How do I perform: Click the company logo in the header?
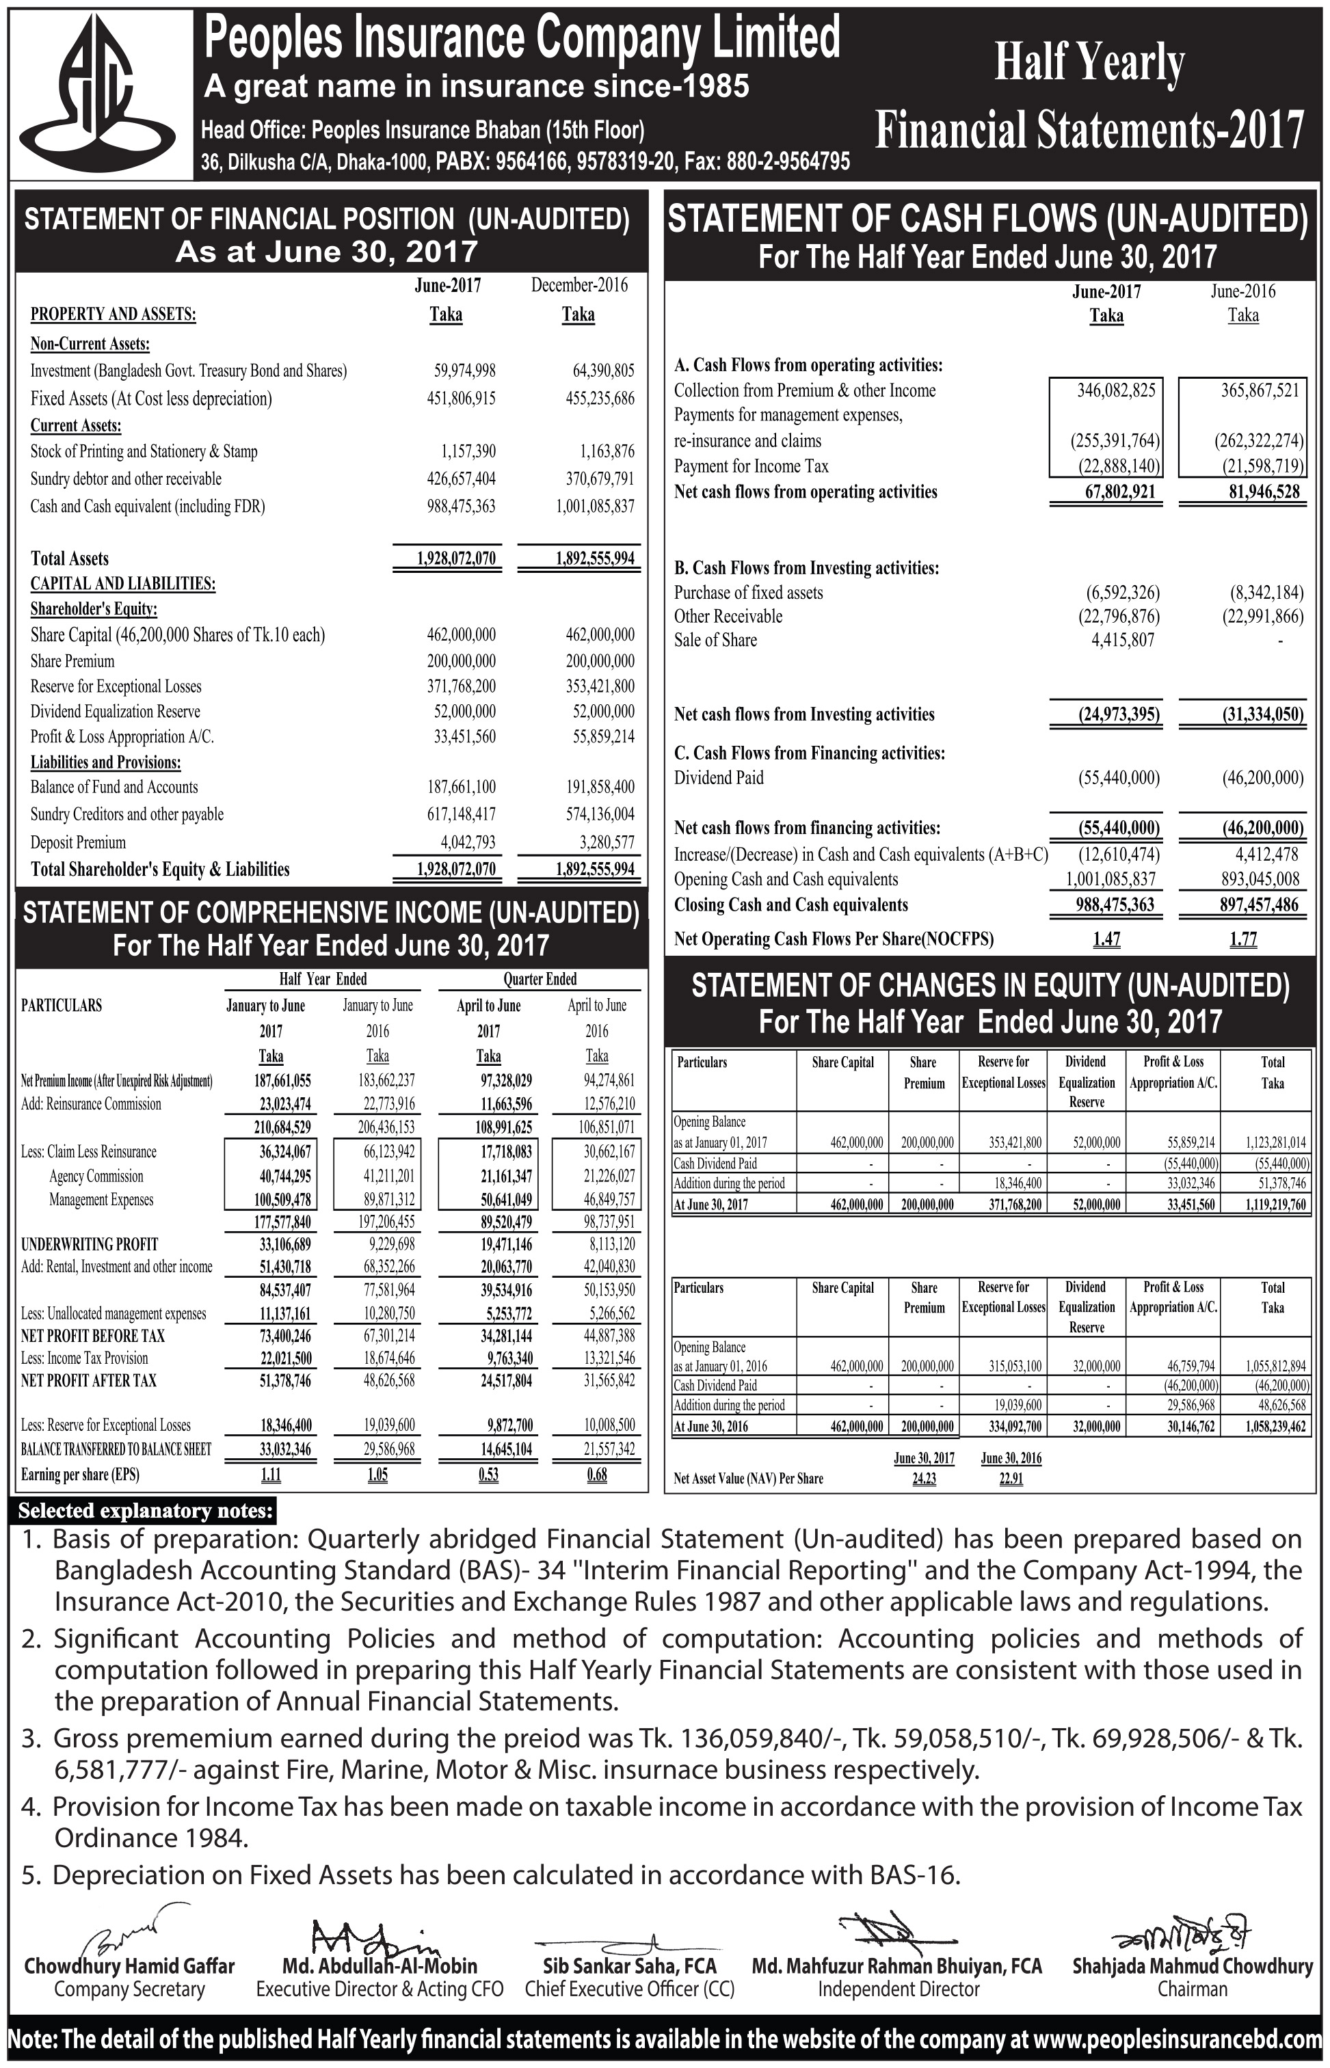(x=101, y=92)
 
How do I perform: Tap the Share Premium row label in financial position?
(x=72, y=661)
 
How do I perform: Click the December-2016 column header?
(x=578, y=285)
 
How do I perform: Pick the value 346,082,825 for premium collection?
(x=1116, y=390)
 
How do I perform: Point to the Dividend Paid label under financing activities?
(x=719, y=778)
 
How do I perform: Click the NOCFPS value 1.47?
(x=1106, y=939)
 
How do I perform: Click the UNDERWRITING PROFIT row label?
(x=89, y=1244)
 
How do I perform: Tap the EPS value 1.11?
(x=270, y=1475)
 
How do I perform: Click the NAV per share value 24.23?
(x=924, y=1478)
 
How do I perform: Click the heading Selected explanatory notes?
(x=146, y=1511)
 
